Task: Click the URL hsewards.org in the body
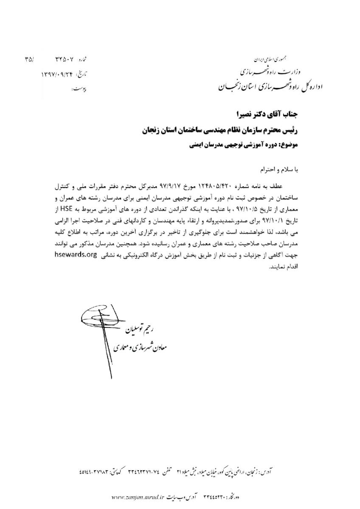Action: pos(75,255)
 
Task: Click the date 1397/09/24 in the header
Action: pos(56,74)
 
